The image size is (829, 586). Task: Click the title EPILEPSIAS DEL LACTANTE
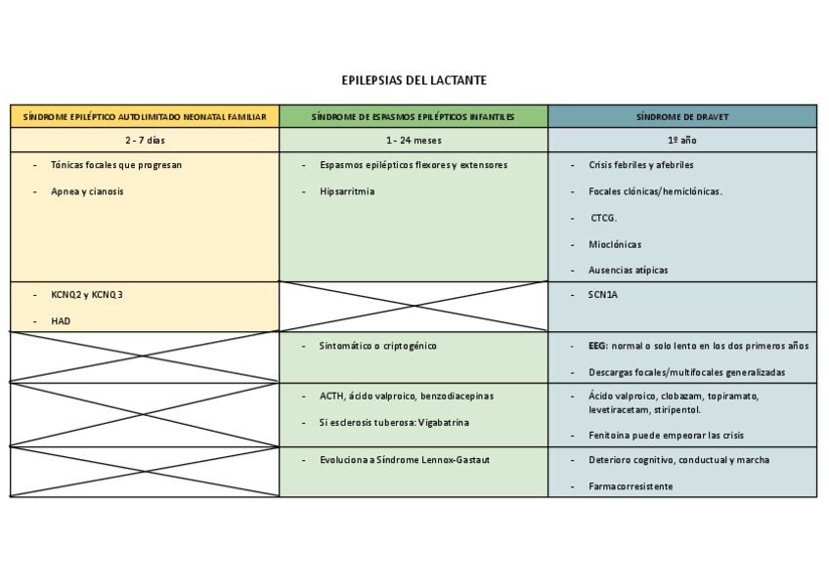tap(414, 80)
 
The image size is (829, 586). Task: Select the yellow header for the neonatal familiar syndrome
tap(145, 117)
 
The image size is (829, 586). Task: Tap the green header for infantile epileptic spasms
tap(413, 117)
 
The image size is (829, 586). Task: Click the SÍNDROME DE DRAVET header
tap(682, 117)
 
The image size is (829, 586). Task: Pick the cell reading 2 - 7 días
tap(145, 141)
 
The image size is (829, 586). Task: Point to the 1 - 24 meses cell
tap(413, 141)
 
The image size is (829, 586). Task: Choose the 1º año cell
tap(682, 141)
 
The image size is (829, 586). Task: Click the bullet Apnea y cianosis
tap(88, 191)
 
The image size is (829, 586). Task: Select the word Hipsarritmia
tap(347, 191)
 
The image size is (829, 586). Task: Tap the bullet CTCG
tap(604, 218)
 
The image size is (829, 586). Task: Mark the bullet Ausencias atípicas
tap(628, 270)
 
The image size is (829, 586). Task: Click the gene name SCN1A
tap(603, 294)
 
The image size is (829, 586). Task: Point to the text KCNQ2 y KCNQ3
tap(88, 294)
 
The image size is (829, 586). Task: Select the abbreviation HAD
tap(61, 320)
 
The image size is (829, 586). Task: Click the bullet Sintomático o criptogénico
tap(377, 346)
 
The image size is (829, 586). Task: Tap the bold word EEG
tap(597, 346)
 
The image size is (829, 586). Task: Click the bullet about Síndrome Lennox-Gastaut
tap(405, 459)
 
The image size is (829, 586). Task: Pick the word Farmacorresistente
tap(630, 485)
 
